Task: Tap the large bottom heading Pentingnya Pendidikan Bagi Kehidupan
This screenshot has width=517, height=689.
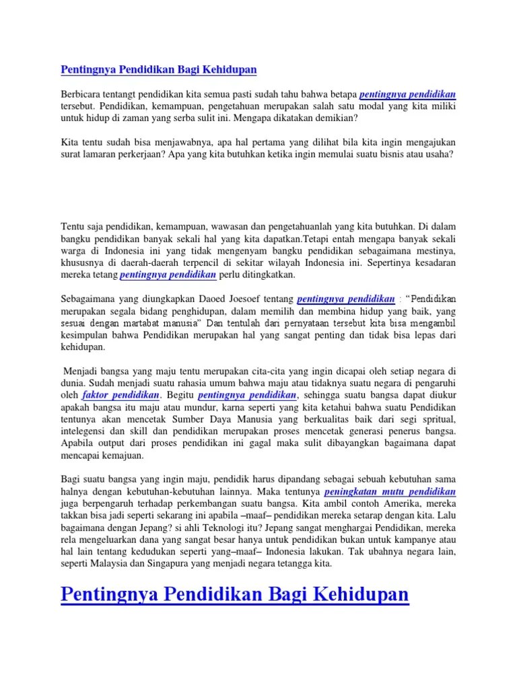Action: click(x=235, y=595)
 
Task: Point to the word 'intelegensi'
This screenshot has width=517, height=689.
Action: click(x=86, y=431)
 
